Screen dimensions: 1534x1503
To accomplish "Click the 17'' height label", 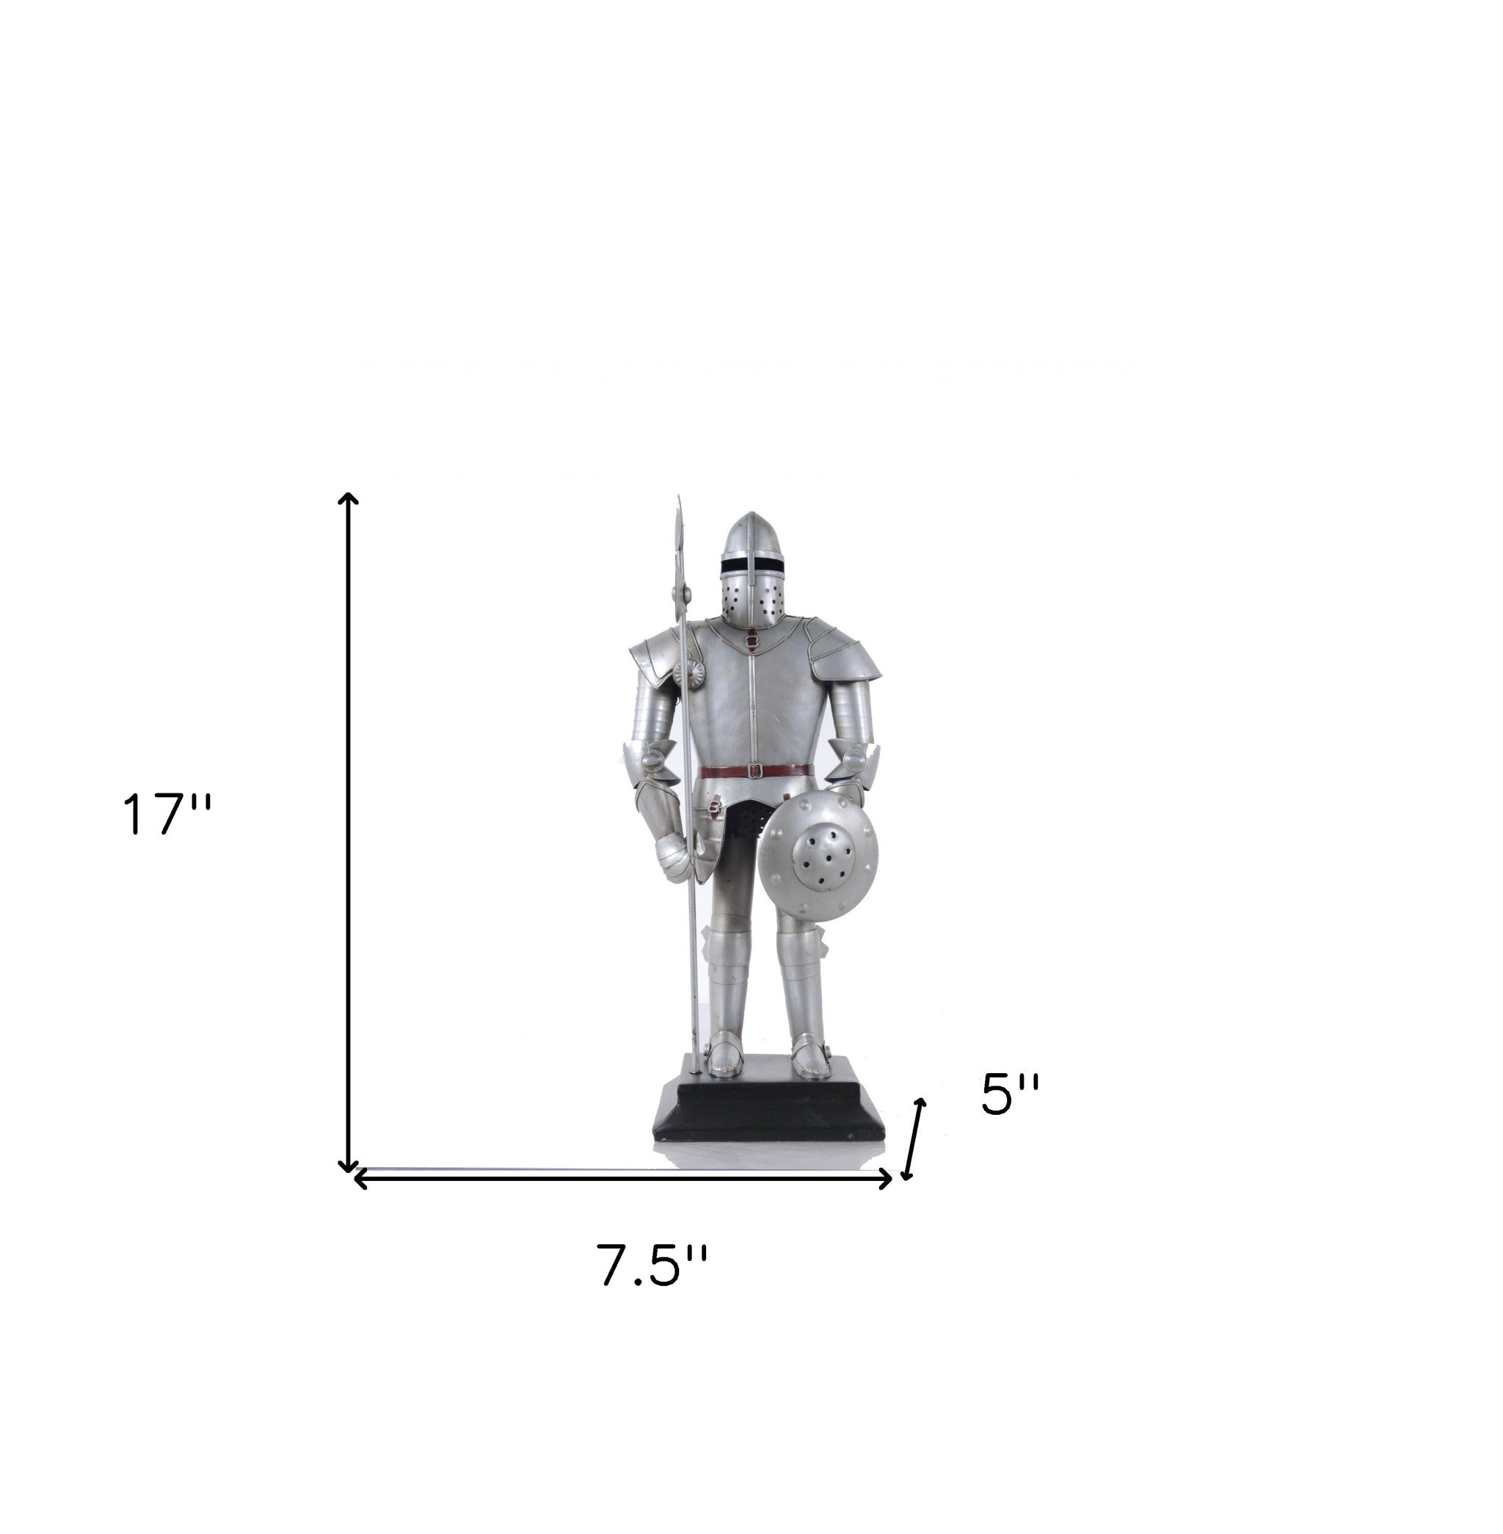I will coord(167,815).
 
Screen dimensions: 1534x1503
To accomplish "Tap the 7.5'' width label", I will coord(651,1287).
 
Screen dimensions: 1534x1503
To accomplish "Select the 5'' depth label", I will coord(1010,1095).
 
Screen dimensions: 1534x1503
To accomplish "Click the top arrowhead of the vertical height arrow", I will coord(348,498).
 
